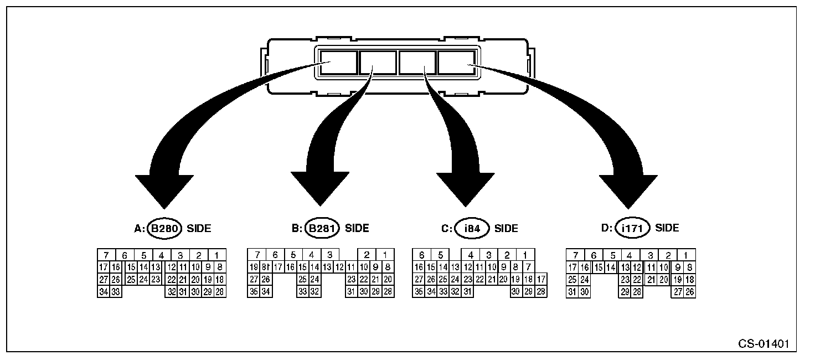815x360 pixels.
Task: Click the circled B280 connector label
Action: click(165, 228)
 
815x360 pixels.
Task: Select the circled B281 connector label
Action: click(322, 228)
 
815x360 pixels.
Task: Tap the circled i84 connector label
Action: click(471, 228)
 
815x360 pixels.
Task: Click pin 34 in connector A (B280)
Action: click(104, 292)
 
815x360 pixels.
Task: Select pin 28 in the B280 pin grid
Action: click(219, 292)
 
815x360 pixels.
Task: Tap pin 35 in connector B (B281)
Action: click(254, 292)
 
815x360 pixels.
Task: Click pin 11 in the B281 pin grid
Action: click(351, 268)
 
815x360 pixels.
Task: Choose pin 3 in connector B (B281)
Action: click(329, 255)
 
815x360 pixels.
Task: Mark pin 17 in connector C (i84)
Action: click(541, 280)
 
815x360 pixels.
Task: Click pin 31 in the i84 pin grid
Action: click(467, 292)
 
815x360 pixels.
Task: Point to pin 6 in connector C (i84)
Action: click(422, 255)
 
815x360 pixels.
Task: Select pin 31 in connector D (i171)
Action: click(572, 292)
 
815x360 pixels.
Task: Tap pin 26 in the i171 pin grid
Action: click(689, 292)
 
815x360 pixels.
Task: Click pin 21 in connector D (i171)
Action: click(652, 280)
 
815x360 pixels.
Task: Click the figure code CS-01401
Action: click(764, 343)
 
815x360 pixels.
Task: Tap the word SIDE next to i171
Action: click(667, 228)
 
